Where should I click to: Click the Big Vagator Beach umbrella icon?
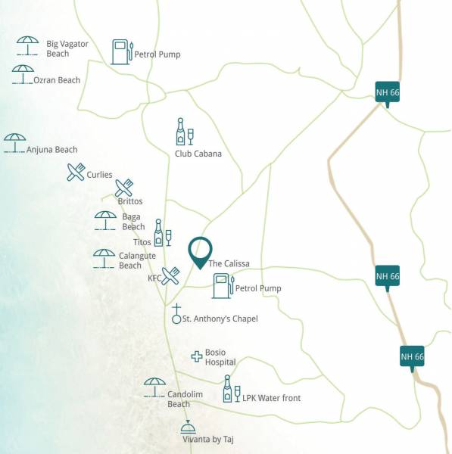[28, 46]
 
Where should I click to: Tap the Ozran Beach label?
[57, 80]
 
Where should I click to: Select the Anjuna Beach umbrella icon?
[14, 142]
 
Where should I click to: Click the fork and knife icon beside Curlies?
[76, 173]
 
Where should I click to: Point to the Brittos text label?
[129, 201]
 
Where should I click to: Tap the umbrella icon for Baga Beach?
[105, 220]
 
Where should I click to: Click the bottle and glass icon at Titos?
[162, 233]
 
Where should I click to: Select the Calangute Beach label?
[137, 260]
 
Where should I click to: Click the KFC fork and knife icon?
[171, 276]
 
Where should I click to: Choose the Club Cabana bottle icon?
[184, 132]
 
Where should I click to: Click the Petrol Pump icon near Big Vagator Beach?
[122, 52]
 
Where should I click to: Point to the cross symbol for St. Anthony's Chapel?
[176, 314]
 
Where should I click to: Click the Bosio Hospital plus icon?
[196, 356]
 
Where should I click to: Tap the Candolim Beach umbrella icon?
[154, 387]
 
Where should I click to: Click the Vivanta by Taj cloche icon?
[188, 428]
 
